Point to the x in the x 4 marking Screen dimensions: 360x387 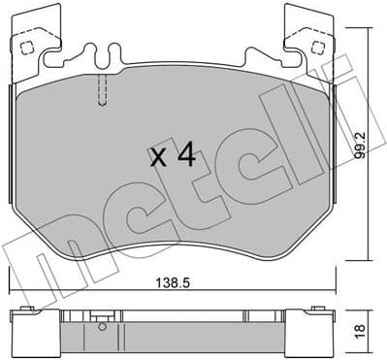(x=160, y=158)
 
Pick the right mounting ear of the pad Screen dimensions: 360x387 (x=310, y=39)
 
